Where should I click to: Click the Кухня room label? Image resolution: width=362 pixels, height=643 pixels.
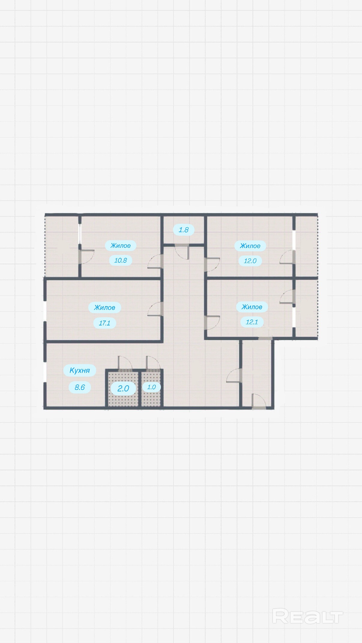[x=80, y=370]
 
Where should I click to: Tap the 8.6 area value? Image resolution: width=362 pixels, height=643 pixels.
[x=80, y=387]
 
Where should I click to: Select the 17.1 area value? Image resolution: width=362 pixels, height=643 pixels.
[x=104, y=323]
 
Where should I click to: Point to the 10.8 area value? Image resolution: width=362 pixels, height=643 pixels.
[x=120, y=260]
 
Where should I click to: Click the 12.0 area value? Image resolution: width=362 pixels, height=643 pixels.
[x=250, y=261]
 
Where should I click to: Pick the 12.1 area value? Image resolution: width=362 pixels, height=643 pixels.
[x=252, y=322]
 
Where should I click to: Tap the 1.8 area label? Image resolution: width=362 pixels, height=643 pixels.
[x=183, y=230]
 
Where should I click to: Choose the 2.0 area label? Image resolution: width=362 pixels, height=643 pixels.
[x=123, y=388]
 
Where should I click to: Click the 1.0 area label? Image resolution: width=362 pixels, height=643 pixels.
[x=151, y=387]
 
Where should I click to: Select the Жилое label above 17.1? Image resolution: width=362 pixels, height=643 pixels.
[x=104, y=307]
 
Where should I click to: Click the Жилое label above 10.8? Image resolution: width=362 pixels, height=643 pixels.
[x=120, y=245]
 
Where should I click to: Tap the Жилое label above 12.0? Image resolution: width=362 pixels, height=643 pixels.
[x=250, y=246]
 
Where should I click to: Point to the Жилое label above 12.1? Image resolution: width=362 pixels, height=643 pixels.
[x=252, y=307]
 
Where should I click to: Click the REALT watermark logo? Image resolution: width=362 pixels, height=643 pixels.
[x=307, y=616]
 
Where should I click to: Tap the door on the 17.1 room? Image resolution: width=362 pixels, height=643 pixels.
[x=155, y=309]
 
